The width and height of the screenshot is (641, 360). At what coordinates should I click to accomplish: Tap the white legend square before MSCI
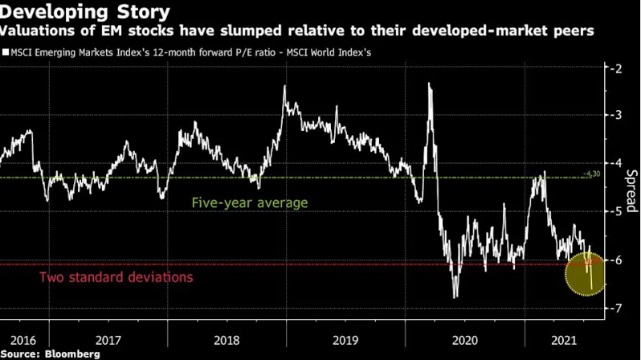6,52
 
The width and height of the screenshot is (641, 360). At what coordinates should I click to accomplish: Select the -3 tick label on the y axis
616,116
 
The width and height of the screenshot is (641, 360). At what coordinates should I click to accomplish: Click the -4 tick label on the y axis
616,163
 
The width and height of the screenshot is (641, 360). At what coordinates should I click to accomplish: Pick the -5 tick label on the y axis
616,211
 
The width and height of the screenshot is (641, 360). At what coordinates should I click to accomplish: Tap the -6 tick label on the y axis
616,260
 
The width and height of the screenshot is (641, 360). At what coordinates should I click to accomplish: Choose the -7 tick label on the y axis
616,308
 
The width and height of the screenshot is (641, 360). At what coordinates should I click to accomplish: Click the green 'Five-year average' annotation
250,203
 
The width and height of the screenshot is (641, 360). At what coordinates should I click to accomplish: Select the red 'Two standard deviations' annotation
116,277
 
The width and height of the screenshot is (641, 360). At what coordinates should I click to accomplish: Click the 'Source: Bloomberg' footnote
50,354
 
